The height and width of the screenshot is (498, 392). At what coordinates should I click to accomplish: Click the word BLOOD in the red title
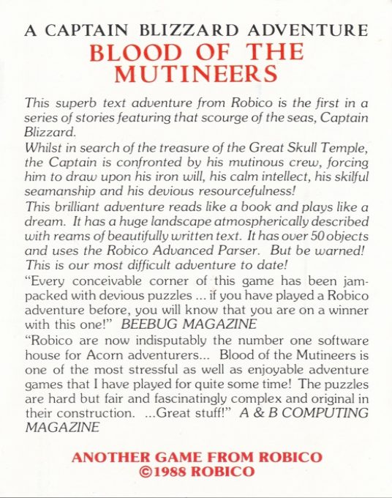pyautogui.click(x=129, y=52)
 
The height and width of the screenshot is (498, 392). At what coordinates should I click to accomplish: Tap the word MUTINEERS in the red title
pyautogui.click(x=195, y=74)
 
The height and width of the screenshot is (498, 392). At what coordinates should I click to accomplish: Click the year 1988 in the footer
pyautogui.click(x=176, y=472)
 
